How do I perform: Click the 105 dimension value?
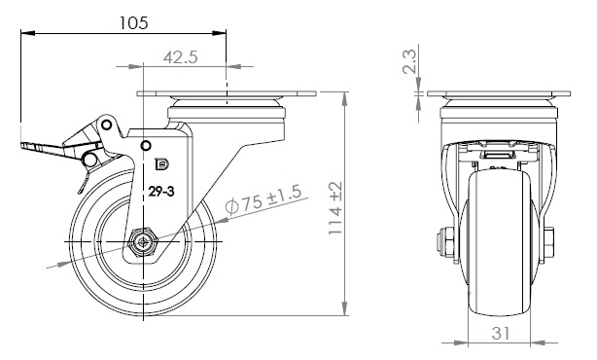[133, 22]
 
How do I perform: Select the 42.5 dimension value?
[181, 57]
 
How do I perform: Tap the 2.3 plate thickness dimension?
[409, 61]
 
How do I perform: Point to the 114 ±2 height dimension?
[335, 208]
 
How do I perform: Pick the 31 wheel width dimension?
[501, 334]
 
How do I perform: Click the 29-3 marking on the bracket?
[161, 192]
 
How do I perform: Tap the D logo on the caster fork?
[161, 164]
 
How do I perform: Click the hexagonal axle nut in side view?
[143, 242]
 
